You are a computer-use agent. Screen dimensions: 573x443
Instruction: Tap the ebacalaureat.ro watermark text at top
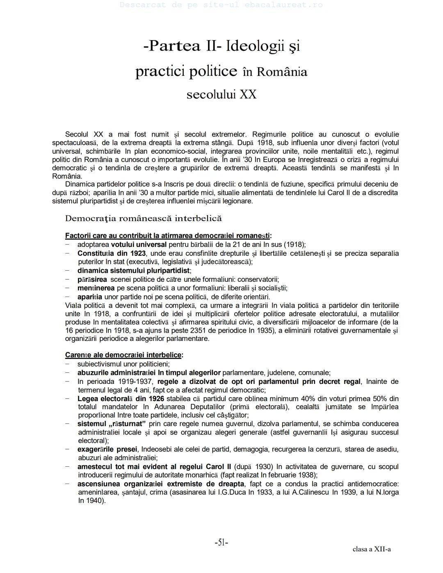(x=221, y=5)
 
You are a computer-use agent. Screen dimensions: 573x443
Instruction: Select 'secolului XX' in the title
(x=221, y=95)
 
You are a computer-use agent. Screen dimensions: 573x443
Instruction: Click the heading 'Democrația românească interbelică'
(x=143, y=218)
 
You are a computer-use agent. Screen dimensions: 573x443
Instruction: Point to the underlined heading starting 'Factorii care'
(x=168, y=236)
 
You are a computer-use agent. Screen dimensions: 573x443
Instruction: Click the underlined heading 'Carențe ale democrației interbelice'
(x=124, y=355)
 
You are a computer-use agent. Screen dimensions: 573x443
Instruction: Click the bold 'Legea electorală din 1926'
(x=121, y=399)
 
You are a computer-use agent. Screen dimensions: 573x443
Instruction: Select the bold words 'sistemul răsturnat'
(x=112, y=424)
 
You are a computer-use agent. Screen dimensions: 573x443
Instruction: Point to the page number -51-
(x=221, y=543)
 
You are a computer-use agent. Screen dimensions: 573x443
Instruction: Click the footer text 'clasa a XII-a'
(x=371, y=549)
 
